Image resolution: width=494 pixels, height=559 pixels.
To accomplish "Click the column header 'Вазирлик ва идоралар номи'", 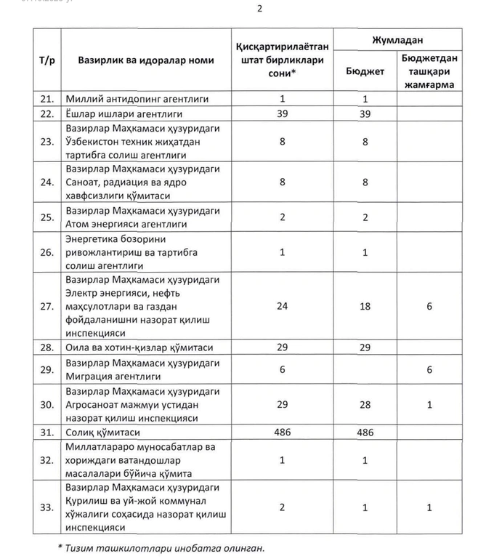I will tap(146, 60).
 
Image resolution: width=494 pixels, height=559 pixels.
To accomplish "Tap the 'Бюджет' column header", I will tap(365, 73).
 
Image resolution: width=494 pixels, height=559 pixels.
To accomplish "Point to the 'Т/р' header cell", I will tap(46, 60).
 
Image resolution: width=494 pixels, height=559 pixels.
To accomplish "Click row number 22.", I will tap(47, 114).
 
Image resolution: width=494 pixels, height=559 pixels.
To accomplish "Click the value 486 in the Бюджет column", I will tap(365, 433).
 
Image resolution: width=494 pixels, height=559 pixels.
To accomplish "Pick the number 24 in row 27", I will tap(283, 306).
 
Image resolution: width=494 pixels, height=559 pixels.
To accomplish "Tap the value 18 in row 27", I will tap(365, 306).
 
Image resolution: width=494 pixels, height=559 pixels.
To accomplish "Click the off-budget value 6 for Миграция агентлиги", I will tap(429, 370).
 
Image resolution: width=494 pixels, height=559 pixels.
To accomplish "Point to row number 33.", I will tap(47, 507).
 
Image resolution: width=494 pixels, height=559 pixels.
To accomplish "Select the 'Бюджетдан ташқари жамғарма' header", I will tap(429, 73).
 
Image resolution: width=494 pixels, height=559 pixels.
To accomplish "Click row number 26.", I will tap(47, 252).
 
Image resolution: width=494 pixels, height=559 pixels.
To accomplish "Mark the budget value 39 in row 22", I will tap(365, 114).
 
